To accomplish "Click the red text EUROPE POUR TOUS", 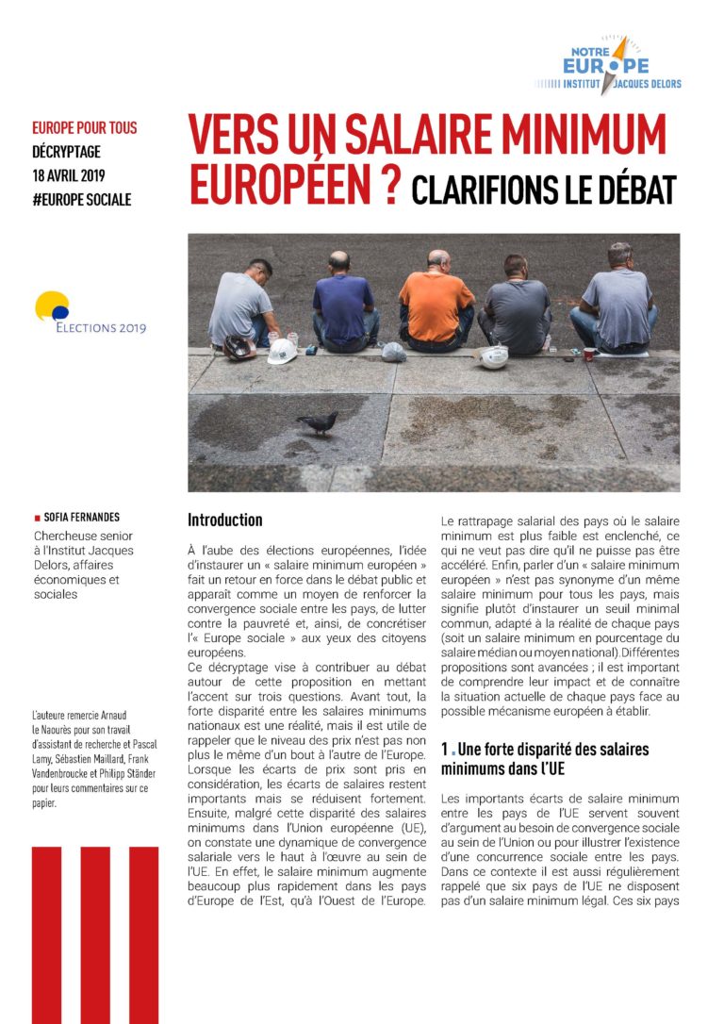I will click(84, 127).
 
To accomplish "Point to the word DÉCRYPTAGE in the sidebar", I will click(66, 151).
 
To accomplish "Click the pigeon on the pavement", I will click(319, 422).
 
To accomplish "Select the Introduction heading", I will click(224, 520).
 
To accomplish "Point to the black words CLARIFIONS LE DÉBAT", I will click(544, 189).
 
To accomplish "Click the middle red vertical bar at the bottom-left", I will click(95, 933).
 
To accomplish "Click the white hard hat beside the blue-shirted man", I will click(282, 352).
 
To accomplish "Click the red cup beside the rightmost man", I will click(589, 354).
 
